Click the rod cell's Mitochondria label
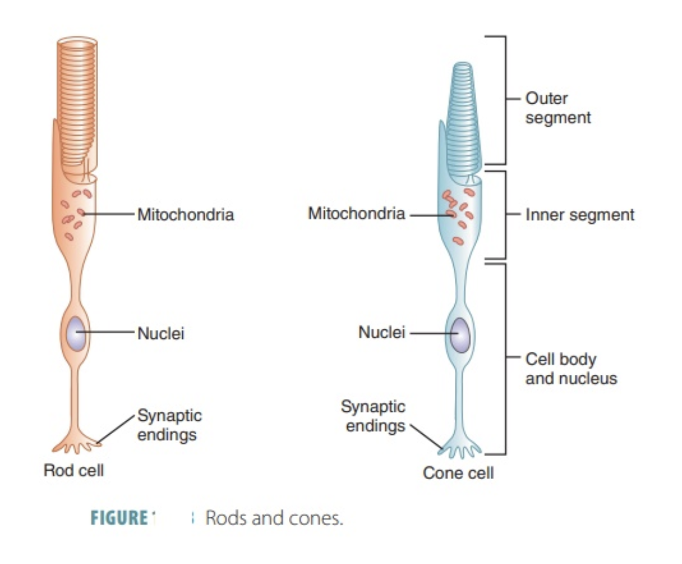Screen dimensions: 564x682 pyautogui.click(x=185, y=215)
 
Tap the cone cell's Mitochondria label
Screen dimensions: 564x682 pyautogui.click(x=356, y=213)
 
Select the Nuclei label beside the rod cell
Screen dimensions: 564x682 pyautogui.click(x=161, y=333)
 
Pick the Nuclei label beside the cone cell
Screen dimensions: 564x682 pyautogui.click(x=382, y=332)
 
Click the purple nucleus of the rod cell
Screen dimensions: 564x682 pyautogui.click(x=76, y=333)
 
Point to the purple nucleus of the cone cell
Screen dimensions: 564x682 pyautogui.click(x=460, y=334)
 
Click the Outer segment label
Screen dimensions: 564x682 pyautogui.click(x=557, y=108)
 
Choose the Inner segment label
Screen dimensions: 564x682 pyautogui.click(x=580, y=215)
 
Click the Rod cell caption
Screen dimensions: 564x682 pyautogui.click(x=74, y=470)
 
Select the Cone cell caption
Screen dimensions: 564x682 pyautogui.click(x=458, y=472)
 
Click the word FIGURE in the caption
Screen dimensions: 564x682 pyautogui.click(x=119, y=519)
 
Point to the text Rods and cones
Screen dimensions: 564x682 pyautogui.click(x=274, y=519)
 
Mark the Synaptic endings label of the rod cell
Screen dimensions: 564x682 pyautogui.click(x=170, y=425)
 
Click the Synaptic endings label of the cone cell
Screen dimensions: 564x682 pyautogui.click(x=373, y=416)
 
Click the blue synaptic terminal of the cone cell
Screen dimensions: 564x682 pyautogui.click(x=459, y=449)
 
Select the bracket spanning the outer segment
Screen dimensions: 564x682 pyautogui.click(x=505, y=100)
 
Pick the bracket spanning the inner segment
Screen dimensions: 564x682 pyautogui.click(x=505, y=214)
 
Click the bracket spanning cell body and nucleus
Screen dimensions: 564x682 pyautogui.click(x=505, y=358)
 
